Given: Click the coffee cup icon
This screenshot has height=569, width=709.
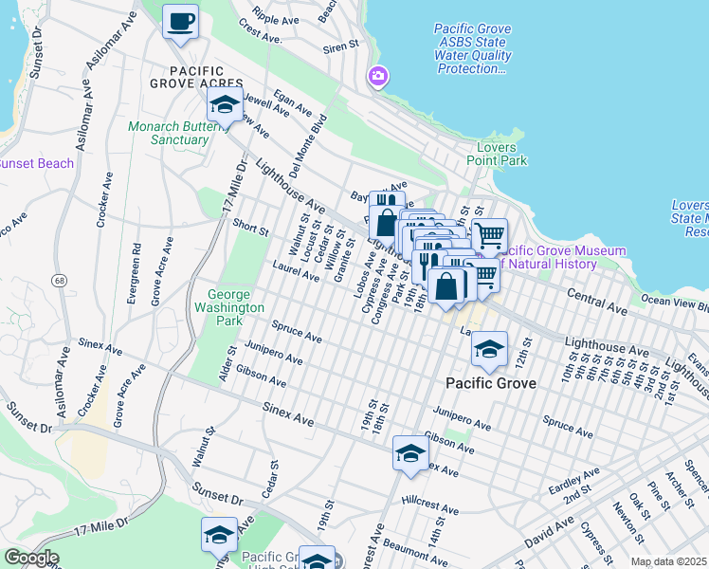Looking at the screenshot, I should [180, 21].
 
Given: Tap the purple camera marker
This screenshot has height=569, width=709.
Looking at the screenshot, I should [378, 76].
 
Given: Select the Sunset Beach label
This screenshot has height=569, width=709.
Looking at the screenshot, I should [36, 163].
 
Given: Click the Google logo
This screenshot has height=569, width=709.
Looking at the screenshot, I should [30, 558].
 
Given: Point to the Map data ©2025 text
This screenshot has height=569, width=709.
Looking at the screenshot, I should [667, 561].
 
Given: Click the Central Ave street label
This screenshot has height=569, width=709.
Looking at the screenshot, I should [597, 303].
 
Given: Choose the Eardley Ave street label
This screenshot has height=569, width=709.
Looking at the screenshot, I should [573, 480].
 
